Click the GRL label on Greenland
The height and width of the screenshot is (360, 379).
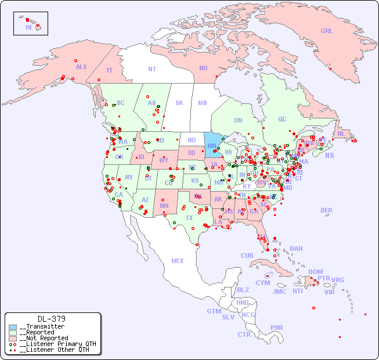click(327, 31)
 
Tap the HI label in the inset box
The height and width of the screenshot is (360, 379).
click(28, 27)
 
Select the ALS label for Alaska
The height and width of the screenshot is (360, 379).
click(81, 67)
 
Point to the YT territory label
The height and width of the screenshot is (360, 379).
click(109, 70)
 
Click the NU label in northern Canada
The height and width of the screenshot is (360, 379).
click(203, 68)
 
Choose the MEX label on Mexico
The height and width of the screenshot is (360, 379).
click(178, 261)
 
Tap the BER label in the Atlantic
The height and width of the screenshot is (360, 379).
click(327, 210)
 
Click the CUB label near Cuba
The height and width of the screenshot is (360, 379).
click(247, 255)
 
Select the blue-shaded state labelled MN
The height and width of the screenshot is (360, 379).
click(212, 145)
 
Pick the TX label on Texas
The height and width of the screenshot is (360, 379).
click(189, 218)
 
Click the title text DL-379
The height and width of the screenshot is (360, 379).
click(51, 319)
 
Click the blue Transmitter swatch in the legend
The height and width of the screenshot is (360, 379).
click(13, 327)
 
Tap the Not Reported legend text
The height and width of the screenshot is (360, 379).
click(44, 338)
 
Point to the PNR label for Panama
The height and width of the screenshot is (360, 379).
click(277, 327)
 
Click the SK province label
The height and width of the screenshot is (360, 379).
click(179, 103)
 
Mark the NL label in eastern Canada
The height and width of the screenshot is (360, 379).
click(341, 133)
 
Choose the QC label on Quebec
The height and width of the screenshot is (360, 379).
click(282, 119)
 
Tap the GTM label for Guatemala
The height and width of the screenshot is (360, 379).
click(214, 311)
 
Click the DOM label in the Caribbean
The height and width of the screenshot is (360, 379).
click(315, 272)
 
